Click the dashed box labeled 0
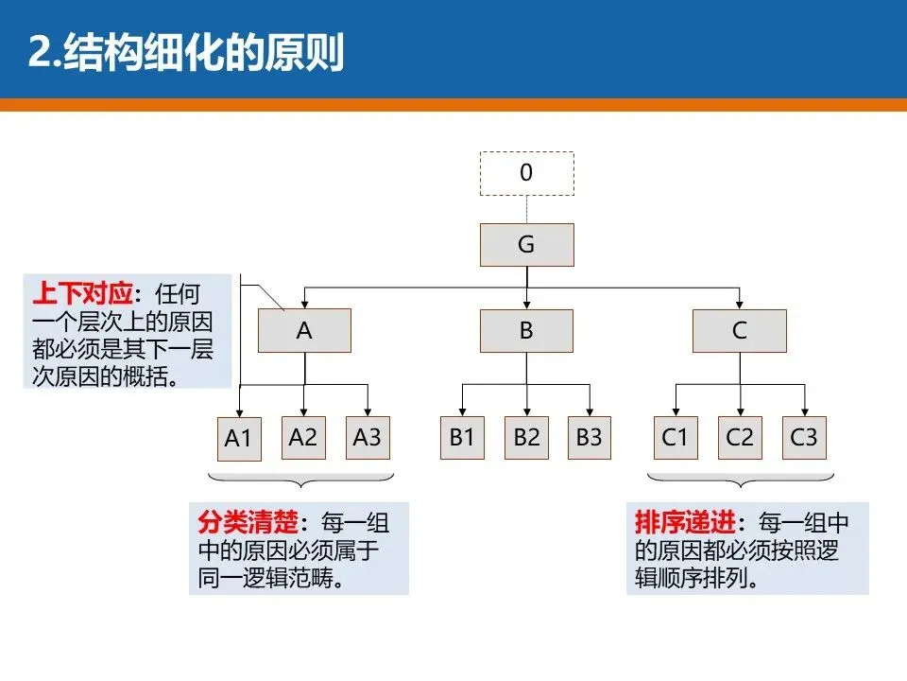point(526,173)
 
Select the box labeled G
point(526,245)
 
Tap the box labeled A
point(304,330)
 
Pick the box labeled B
point(526,330)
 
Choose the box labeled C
point(740,330)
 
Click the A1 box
point(238,439)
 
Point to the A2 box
point(303,437)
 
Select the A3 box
point(368,437)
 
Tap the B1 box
point(462,437)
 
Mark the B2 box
point(526,437)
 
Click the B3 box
point(590,437)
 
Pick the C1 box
point(676,437)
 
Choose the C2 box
point(740,437)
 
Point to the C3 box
point(804,437)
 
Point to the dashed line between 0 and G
point(526,209)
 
